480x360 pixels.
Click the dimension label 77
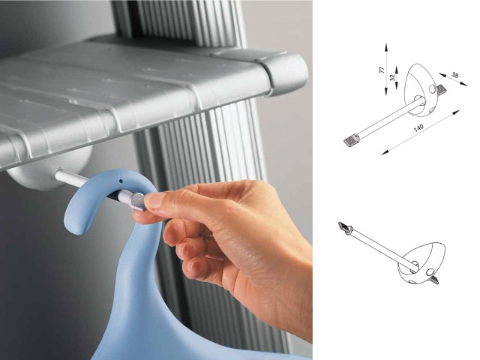coord(382,70)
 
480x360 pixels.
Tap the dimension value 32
coord(393,77)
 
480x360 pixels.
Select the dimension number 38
coord(454,74)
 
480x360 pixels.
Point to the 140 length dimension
coord(418,127)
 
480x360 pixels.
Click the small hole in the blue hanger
coord(121,181)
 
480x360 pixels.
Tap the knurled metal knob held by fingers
coord(138,201)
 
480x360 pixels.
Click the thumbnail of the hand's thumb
coord(154,200)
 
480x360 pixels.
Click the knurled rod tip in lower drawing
coord(345,227)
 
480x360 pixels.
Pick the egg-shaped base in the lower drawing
coord(421,262)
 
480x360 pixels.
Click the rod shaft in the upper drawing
coord(387,118)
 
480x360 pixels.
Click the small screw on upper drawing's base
coord(441,90)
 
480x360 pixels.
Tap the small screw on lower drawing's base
coord(433,280)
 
